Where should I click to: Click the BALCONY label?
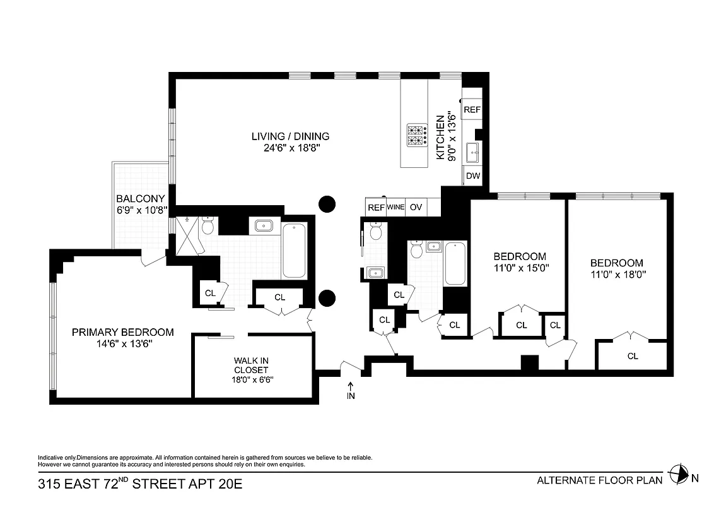tap(140, 198)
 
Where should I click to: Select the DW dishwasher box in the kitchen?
tap(472, 177)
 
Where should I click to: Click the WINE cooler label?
tap(395, 207)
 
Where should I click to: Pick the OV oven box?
tap(416, 207)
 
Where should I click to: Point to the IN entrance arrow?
tap(351, 389)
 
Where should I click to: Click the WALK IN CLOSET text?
tap(252, 365)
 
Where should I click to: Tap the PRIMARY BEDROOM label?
tap(122, 332)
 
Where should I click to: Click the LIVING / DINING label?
tap(290, 136)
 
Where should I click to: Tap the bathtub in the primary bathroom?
tap(295, 251)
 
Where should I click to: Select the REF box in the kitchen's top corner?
tap(472, 110)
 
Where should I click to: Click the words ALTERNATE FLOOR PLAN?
tap(599, 480)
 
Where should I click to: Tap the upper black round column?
tap(327, 203)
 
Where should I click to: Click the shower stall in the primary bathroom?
tap(187, 235)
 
